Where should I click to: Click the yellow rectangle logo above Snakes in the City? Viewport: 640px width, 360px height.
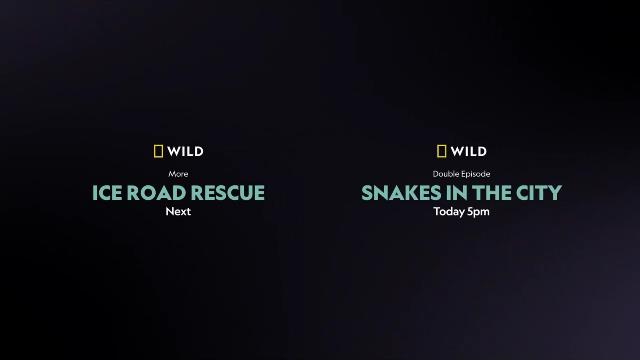442,152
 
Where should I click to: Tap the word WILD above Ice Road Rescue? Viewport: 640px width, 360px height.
185,152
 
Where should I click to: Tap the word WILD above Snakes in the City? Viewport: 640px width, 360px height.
468,152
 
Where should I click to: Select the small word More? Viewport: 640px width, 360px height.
178,174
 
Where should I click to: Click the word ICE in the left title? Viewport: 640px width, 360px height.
110,193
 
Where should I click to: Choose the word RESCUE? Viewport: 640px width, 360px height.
231,193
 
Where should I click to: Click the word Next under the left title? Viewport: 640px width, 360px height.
178,212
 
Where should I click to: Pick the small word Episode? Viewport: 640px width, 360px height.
473,174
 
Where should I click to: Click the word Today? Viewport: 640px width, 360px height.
449,212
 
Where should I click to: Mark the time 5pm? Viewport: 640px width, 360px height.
478,212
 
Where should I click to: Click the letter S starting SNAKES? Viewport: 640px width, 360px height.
366,193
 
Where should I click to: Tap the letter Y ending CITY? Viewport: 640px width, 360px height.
556,193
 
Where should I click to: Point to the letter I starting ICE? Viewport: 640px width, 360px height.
95,193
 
